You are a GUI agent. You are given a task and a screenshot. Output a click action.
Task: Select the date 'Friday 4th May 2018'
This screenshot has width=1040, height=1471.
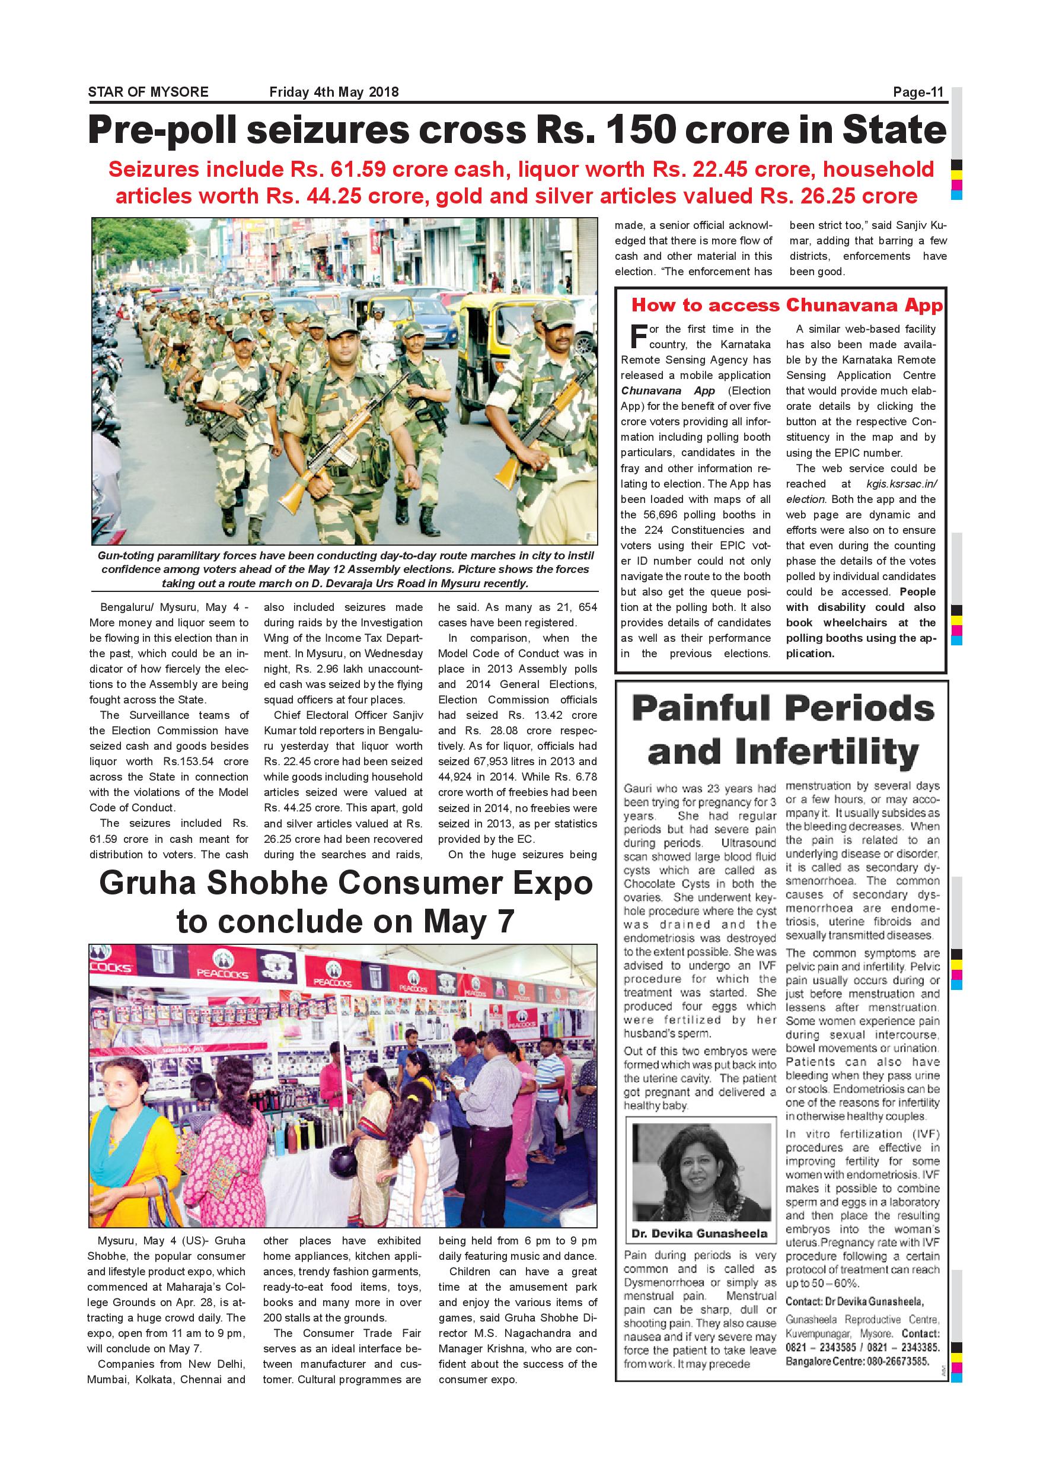334,91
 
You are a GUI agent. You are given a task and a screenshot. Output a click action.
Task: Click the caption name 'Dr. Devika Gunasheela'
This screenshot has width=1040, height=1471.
698,1233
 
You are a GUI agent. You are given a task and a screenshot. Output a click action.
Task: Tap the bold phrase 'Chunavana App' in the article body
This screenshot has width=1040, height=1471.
667,391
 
